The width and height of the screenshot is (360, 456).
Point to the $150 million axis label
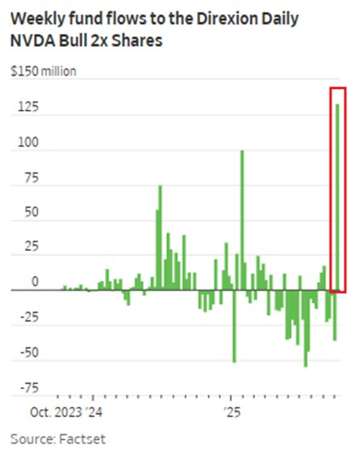pos(44,72)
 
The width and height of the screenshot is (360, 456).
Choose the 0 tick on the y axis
pos(34,282)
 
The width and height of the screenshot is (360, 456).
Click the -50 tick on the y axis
pos(29,353)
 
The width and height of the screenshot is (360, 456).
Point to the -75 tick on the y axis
pos(29,387)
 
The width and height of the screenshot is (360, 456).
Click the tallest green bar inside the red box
pos(337,194)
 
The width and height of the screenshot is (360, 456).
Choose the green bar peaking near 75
pos(160,238)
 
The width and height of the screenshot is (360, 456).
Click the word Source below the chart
pos(33,439)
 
